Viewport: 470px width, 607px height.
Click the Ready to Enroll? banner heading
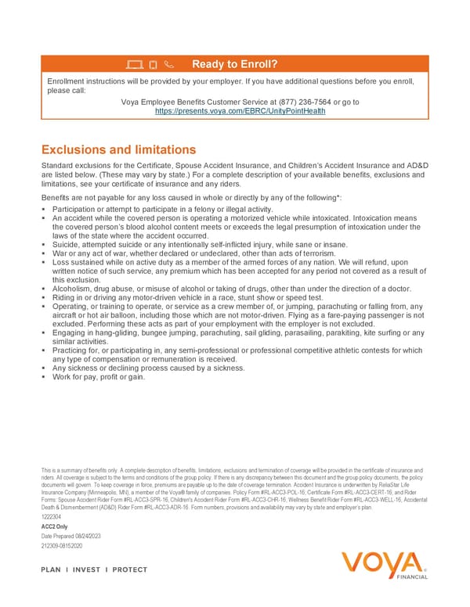235,63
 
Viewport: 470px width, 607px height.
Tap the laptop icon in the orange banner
133,64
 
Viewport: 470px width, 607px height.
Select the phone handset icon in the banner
172,64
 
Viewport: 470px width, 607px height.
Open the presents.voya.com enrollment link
240,111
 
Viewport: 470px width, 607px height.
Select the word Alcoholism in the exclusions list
74,289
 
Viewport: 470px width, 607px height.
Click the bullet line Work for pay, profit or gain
99,376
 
